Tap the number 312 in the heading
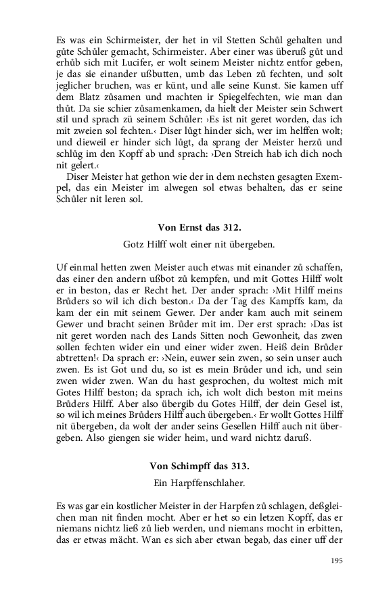coord(230,227)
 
